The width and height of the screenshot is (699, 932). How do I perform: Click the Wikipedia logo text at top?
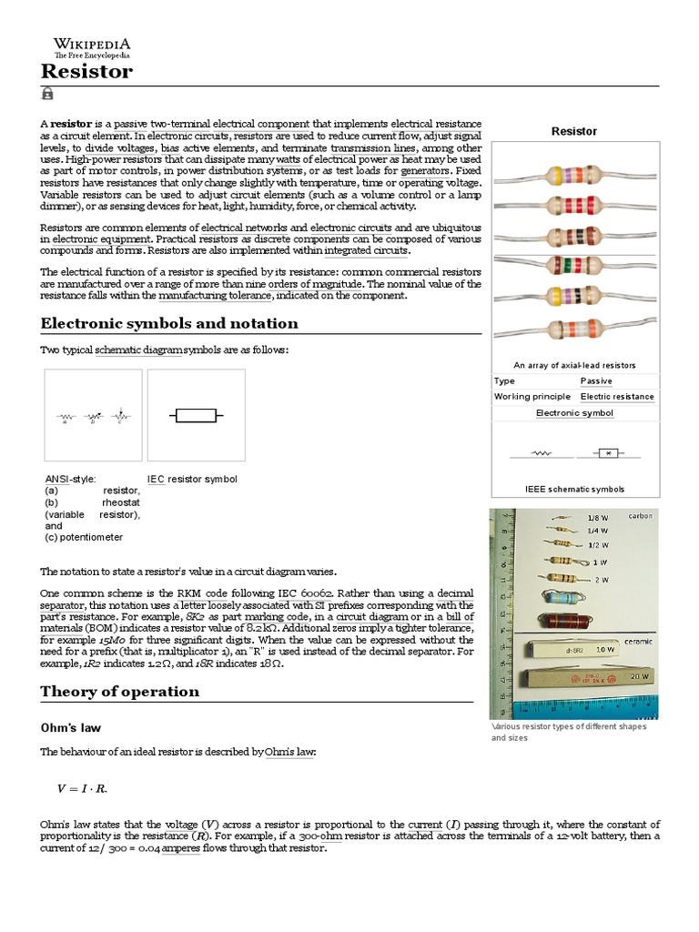tap(91, 44)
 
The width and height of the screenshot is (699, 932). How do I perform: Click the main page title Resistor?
tap(86, 71)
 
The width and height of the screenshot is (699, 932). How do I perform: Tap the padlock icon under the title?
tap(47, 94)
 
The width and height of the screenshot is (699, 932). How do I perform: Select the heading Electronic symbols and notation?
tap(169, 323)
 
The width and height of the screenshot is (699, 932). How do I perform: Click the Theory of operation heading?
tap(119, 691)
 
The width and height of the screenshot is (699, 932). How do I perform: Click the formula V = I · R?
tap(88, 788)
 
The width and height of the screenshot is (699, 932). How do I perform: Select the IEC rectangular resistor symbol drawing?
tap(196, 416)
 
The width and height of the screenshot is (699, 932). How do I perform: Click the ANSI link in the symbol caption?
tap(56, 479)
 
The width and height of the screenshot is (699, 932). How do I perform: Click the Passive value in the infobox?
tap(596, 380)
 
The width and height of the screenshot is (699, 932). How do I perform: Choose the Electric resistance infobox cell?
tap(617, 397)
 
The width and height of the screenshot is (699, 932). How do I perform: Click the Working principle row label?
tap(532, 397)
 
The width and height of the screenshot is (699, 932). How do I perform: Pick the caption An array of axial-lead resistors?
tap(574, 365)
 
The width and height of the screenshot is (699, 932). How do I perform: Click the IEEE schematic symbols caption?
tap(574, 489)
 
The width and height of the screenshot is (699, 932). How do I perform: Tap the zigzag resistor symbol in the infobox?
tap(542, 452)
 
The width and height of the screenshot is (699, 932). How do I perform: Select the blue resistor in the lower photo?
tap(562, 597)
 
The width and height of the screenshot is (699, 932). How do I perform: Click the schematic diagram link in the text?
tap(138, 350)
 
